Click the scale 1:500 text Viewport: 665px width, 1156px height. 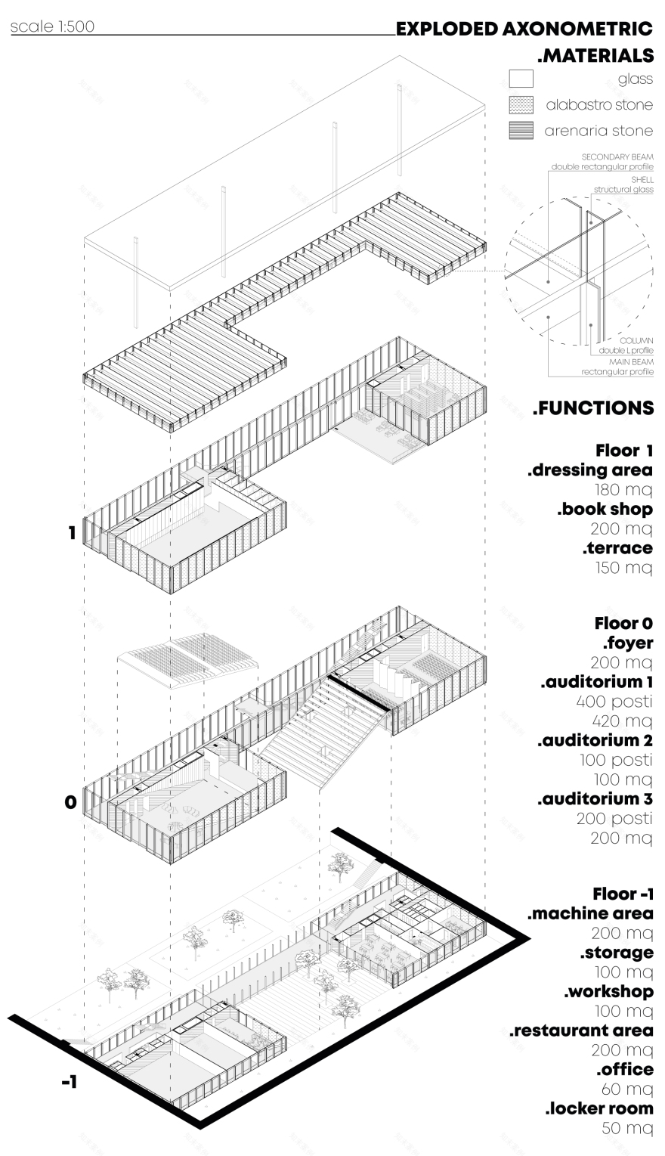(52, 28)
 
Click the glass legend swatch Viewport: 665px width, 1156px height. (521, 79)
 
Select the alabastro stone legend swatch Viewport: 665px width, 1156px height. (521, 104)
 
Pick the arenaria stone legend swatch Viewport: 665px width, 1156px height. (521, 130)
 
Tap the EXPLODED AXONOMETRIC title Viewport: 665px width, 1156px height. (524, 29)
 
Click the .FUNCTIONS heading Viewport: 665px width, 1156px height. (593, 408)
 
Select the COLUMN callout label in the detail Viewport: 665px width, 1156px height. (636, 341)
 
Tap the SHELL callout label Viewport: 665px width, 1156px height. (642, 180)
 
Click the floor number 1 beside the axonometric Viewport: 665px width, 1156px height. (72, 533)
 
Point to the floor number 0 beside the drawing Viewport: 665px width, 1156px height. (70, 802)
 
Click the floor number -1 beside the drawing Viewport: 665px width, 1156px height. (69, 1082)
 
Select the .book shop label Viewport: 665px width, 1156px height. (605, 509)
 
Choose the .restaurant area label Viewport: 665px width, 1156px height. (581, 1030)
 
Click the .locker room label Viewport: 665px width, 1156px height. (599, 1108)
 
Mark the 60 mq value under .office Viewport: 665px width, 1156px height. (627, 1089)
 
